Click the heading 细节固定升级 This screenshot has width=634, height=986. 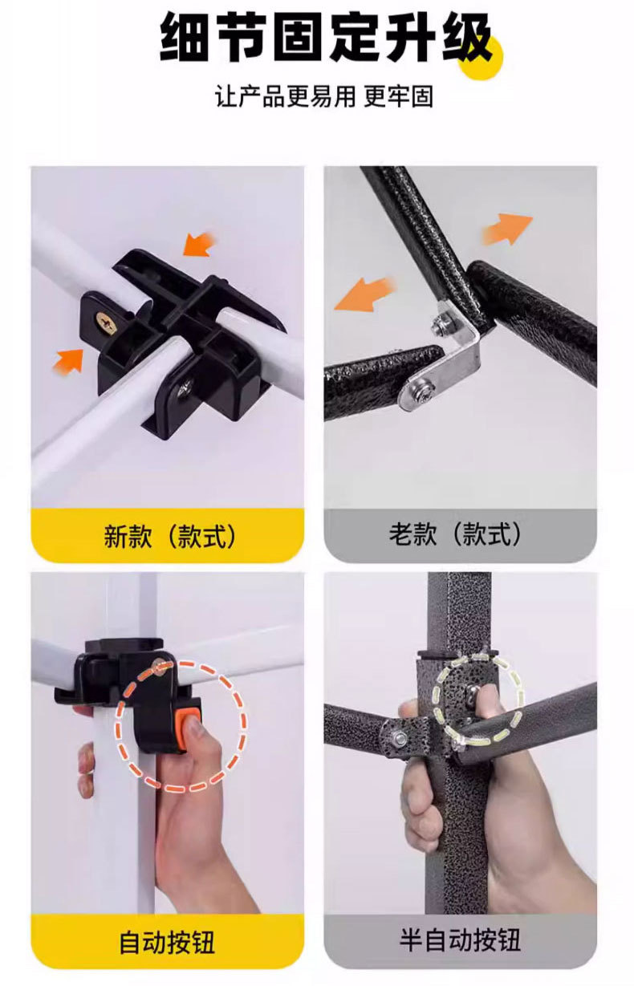click(326, 38)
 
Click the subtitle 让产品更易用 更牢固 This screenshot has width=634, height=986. click(324, 96)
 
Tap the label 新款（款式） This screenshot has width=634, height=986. click(169, 536)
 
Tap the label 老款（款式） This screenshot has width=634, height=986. click(455, 534)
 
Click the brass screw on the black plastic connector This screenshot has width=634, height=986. click(107, 323)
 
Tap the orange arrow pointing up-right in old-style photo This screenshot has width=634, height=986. click(507, 229)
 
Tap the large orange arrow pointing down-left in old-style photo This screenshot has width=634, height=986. click(364, 294)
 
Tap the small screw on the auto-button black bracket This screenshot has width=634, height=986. click(161, 668)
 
